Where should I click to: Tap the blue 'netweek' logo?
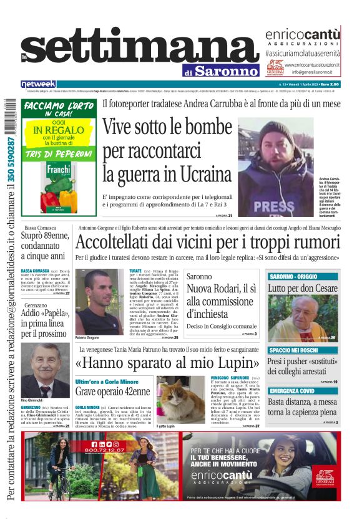(39, 84)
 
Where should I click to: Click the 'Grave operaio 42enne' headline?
(113, 392)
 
